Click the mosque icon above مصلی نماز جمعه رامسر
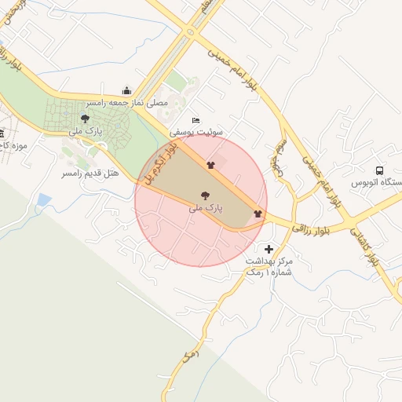point(127,90)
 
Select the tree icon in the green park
point(85,119)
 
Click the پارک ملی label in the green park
point(86,130)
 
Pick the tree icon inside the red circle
point(206,196)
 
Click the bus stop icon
point(380,170)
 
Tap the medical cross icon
point(269,249)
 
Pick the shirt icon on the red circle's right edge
point(258,214)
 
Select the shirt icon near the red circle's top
point(210,165)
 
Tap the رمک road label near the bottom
point(188,355)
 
